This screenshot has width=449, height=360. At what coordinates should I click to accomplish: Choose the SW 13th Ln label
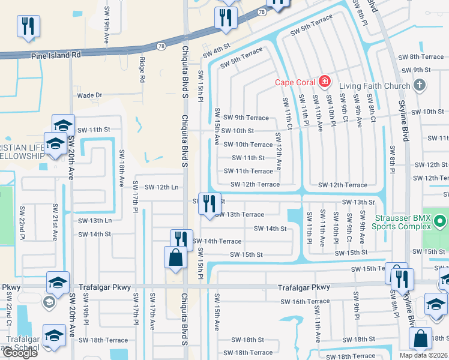pos(95,220)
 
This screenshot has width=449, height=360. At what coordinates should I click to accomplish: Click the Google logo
pos(19,353)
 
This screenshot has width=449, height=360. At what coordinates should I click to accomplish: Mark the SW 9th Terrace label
pos(246,118)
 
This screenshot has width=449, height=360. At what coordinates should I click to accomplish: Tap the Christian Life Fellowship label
pos(22,152)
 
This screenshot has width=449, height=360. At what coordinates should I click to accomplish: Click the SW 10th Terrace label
pos(248,145)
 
